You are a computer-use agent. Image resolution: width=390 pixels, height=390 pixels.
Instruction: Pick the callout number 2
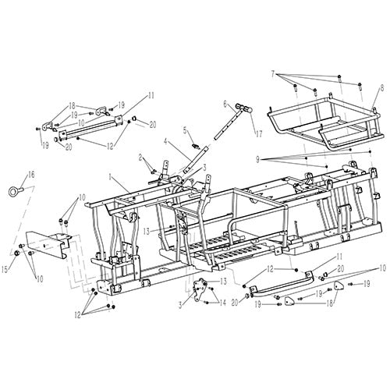tap(141, 158)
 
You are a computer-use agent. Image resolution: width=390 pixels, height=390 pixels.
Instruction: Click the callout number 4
tap(166, 141)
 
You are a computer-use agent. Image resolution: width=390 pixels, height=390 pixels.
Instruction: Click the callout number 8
tap(381, 87)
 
